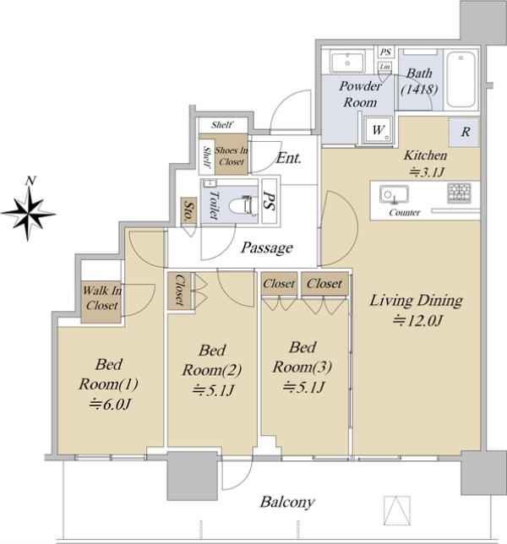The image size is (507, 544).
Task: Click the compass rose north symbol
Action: click(x=29, y=212)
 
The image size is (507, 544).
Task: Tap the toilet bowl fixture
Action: click(x=241, y=205)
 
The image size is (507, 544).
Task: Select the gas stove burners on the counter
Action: click(x=459, y=192)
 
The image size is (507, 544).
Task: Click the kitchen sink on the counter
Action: click(x=394, y=194)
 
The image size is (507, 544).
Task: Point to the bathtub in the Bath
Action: click(x=461, y=79)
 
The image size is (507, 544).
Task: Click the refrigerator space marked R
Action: click(x=465, y=132)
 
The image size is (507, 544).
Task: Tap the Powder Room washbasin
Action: click(x=347, y=62)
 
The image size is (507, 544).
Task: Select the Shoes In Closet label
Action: click(x=232, y=155)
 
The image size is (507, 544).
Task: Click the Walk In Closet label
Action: click(x=101, y=297)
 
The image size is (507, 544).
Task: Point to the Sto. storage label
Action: click(x=188, y=210)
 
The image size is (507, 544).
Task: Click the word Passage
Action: click(x=267, y=248)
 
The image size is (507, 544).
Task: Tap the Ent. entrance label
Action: click(x=289, y=158)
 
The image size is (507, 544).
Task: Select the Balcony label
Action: click(x=287, y=502)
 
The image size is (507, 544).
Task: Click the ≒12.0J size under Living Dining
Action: click(x=417, y=321)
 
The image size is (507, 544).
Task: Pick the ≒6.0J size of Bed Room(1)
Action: click(x=109, y=404)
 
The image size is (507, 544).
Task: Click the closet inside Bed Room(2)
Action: click(x=179, y=290)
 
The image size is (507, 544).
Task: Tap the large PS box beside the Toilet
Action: click(x=270, y=201)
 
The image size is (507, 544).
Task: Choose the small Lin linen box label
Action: click(x=384, y=66)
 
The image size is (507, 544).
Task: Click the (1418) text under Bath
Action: click(x=419, y=90)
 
